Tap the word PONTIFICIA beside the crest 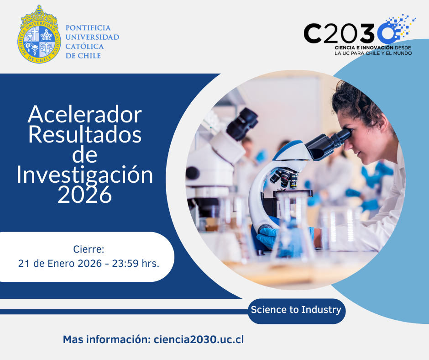[x=88, y=28]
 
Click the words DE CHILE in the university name [x=84, y=56]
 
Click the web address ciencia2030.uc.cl [x=199, y=339]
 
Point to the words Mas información [x=106, y=339]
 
